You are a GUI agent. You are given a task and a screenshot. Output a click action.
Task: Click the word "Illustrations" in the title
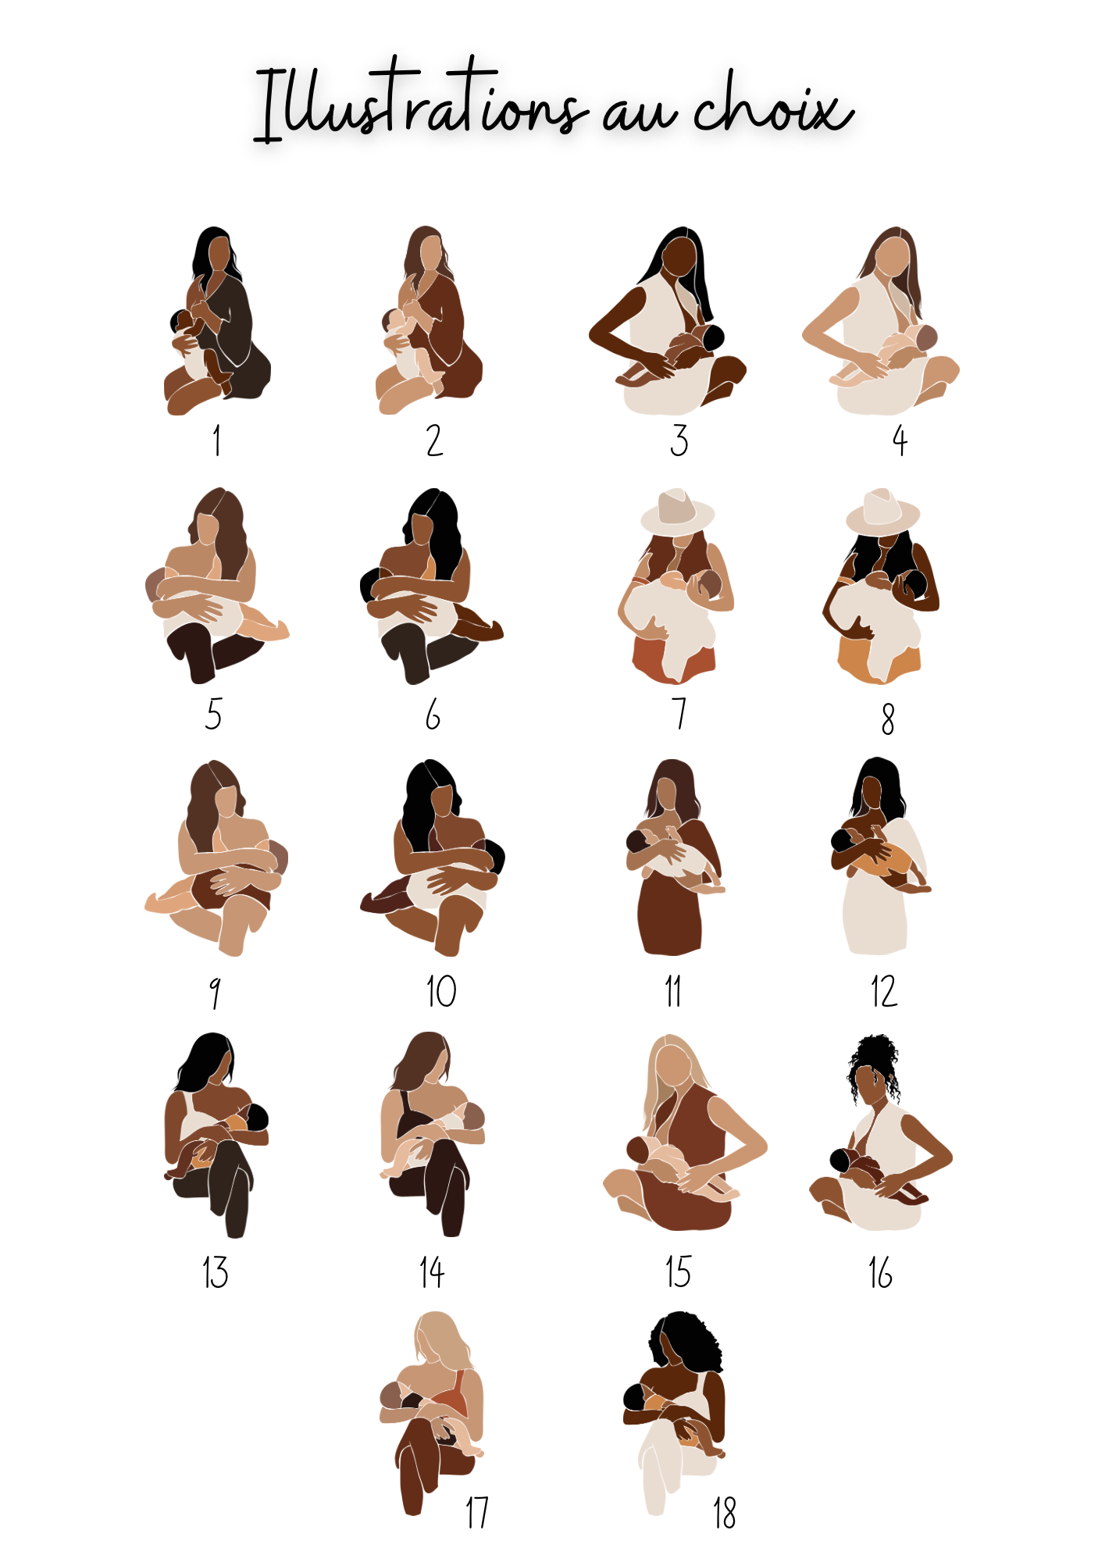pyautogui.click(x=419, y=102)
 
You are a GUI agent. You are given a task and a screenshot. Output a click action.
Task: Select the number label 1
pyautogui.click(x=216, y=440)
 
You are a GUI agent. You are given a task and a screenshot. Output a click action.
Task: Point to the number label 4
pyautogui.click(x=900, y=440)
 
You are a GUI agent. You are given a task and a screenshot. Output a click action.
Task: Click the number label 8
pyautogui.click(x=888, y=719)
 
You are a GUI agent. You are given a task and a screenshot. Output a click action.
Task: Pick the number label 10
pyautogui.click(x=441, y=992)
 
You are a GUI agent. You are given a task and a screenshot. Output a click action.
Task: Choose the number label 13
pyautogui.click(x=216, y=1272)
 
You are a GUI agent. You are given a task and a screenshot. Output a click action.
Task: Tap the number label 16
pyautogui.click(x=880, y=1272)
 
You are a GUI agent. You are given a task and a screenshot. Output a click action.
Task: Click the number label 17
pyautogui.click(x=477, y=1513)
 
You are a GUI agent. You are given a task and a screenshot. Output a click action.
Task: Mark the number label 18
pyautogui.click(x=724, y=1513)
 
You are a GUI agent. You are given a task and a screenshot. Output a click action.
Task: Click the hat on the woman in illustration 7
pyautogui.click(x=677, y=512)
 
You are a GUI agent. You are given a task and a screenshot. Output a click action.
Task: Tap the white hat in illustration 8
pyautogui.click(x=883, y=512)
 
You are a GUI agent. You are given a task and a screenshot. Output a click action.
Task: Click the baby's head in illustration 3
pyautogui.click(x=713, y=338)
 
